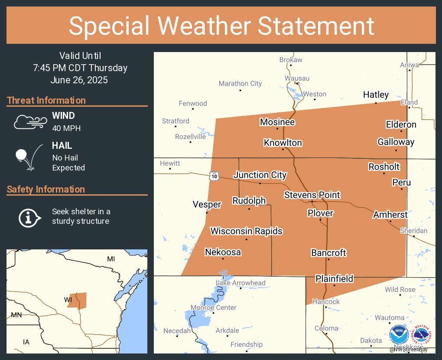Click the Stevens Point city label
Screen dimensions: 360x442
[x=312, y=195]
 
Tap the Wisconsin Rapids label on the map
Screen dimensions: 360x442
[x=246, y=231]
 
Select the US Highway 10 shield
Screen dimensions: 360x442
[x=214, y=176]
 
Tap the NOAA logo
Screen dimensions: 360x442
[x=399, y=334]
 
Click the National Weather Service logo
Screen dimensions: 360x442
[x=422, y=334]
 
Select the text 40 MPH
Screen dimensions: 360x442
[x=66, y=128]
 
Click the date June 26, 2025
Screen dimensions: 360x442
[x=79, y=80]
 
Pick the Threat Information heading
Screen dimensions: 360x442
[x=46, y=100]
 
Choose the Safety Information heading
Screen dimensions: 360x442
[x=46, y=189]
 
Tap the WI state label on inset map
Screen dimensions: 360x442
[x=68, y=300]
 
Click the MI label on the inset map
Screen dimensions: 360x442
[x=111, y=259]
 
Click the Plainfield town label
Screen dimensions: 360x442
[x=334, y=278]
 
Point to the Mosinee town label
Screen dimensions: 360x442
[x=277, y=122]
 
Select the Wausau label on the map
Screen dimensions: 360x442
[x=297, y=78]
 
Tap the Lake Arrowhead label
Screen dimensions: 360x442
[x=240, y=283]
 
